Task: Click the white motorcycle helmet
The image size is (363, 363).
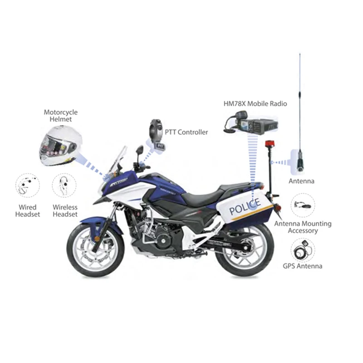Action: [61, 146]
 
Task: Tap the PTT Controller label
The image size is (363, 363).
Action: [186, 132]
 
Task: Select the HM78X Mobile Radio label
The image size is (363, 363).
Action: [255, 103]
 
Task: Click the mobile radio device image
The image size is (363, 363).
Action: [251, 123]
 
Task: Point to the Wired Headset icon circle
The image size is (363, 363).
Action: [28, 186]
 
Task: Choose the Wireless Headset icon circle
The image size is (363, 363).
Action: [64, 186]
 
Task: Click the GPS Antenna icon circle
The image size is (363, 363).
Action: [303, 251]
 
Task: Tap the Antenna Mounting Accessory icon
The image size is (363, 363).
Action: [303, 206]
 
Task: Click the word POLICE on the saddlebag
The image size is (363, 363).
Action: [245, 206]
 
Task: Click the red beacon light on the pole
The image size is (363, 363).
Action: [270, 144]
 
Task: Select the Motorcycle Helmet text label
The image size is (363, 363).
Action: [61, 116]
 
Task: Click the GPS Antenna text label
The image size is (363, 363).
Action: [303, 266]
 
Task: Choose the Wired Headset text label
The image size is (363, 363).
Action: [28, 211]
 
